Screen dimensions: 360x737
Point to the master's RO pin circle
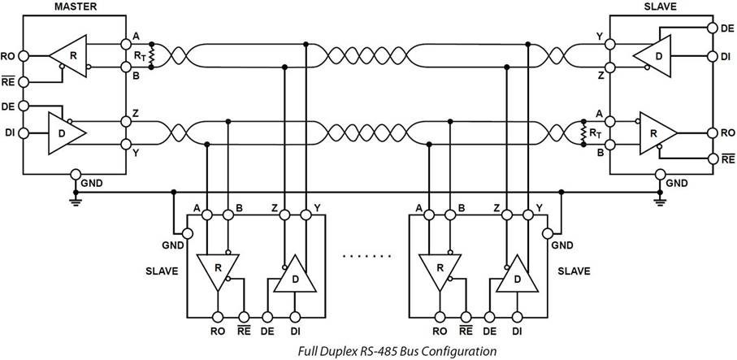click(x=24, y=56)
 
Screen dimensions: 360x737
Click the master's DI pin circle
click(x=24, y=133)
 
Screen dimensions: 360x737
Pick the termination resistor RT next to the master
click(x=152, y=56)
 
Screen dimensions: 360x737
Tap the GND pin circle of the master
click(x=76, y=174)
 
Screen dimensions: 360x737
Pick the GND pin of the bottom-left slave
click(x=188, y=233)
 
